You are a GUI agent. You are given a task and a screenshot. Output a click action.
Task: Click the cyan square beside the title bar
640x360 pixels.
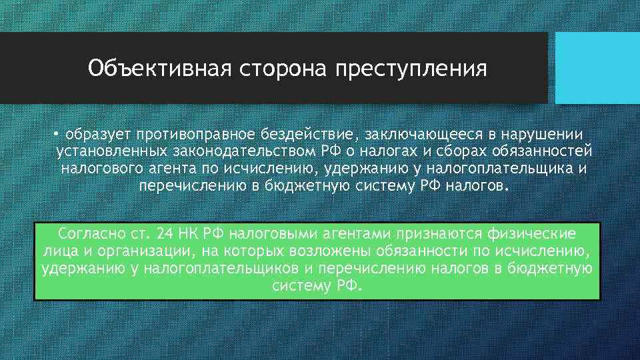click(597, 68)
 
